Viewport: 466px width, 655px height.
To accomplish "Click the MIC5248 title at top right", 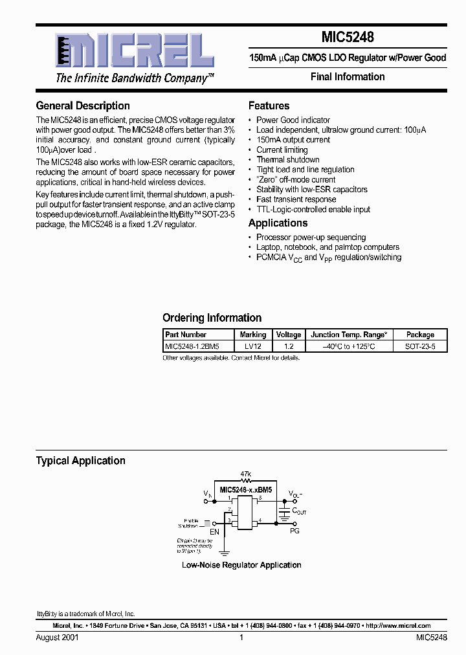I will point(348,38).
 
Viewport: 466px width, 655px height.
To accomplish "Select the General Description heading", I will point(83,105).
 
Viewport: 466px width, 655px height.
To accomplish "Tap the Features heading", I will point(269,105).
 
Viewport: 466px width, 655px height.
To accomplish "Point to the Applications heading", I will point(278,223).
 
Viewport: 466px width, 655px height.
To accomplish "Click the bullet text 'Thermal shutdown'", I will point(287,160).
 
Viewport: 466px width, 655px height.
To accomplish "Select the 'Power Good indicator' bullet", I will point(293,120).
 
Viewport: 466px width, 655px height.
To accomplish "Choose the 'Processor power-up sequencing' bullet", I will point(311,238).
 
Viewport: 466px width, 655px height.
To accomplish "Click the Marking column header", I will point(252,335).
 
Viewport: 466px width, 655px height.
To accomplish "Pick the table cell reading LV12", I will point(252,346).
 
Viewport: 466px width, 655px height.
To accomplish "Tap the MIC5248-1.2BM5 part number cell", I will point(192,346).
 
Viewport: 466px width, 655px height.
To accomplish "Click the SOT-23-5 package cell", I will point(420,346).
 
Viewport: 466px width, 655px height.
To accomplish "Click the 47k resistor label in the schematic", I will point(245,474).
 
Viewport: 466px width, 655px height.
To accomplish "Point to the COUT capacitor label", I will point(299,511).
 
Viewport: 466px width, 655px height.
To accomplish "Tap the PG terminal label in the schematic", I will point(294,531).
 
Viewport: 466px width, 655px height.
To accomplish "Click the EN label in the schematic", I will point(214,531).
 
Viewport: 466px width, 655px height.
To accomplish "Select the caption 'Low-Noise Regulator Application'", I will point(241,565).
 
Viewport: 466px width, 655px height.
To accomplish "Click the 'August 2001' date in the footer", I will point(57,638).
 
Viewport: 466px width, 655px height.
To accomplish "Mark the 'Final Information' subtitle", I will point(348,77).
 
